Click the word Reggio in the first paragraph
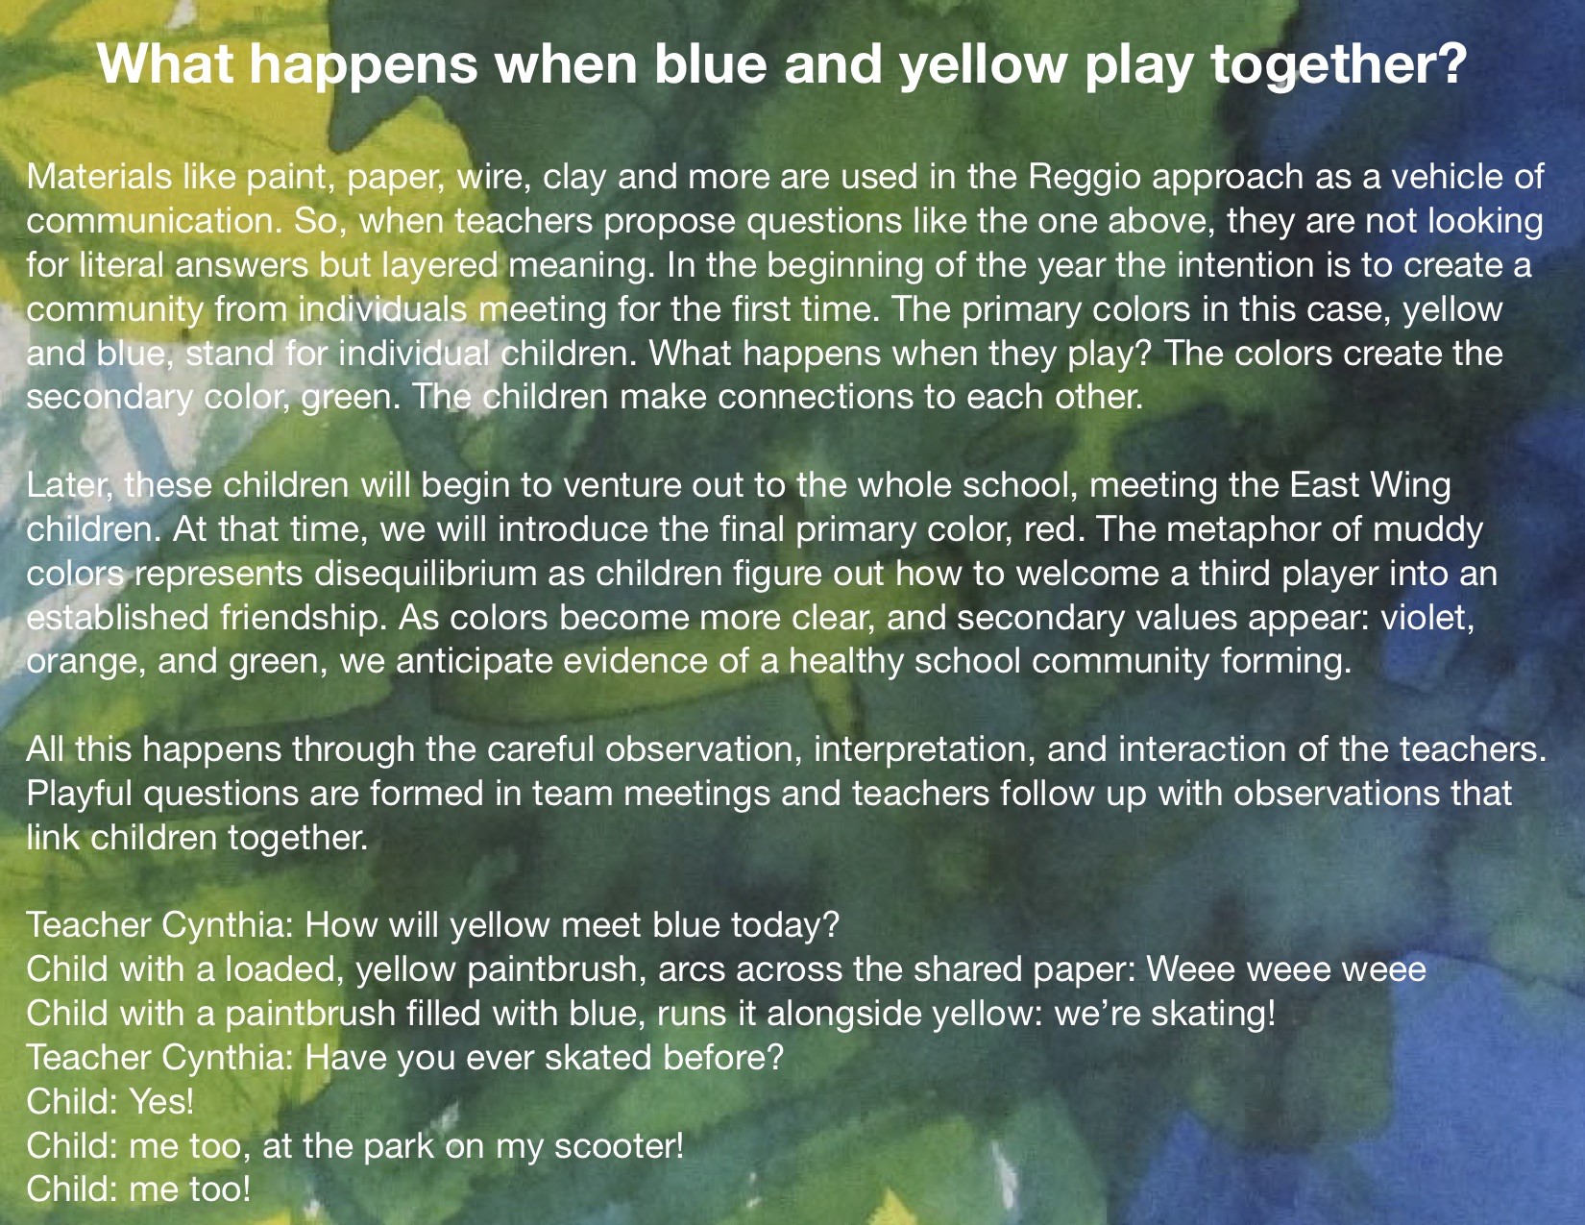[1085, 178]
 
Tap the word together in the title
[1338, 65]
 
